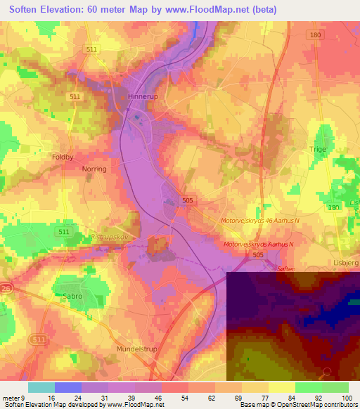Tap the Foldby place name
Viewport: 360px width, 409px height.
63,157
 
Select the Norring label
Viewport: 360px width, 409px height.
94,169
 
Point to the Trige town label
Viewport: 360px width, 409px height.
319,150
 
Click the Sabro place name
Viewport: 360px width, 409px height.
72,297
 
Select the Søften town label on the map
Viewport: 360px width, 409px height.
285,268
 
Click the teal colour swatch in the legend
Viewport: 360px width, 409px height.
41,387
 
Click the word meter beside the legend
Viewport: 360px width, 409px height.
10,398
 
